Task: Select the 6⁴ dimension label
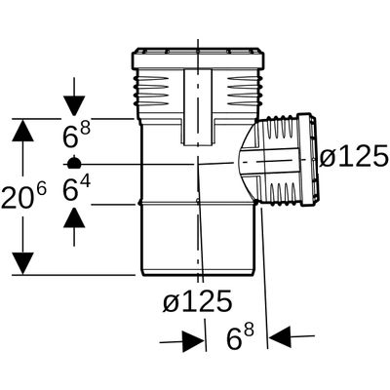(76, 189)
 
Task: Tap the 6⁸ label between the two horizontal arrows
(240, 337)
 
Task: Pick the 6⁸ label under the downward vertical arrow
(76, 134)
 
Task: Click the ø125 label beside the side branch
(354, 155)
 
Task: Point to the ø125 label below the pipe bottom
(198, 300)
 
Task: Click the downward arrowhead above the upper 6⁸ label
(74, 105)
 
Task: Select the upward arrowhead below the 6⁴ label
(74, 217)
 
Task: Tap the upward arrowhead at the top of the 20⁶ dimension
(22, 130)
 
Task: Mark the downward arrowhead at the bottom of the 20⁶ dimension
(22, 263)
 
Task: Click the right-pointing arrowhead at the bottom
(193, 342)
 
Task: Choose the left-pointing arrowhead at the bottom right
(280, 337)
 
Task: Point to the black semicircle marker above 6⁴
(74, 163)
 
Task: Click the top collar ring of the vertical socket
(198, 58)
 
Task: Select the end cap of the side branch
(309, 160)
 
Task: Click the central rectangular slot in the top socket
(198, 107)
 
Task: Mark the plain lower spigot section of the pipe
(197, 240)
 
